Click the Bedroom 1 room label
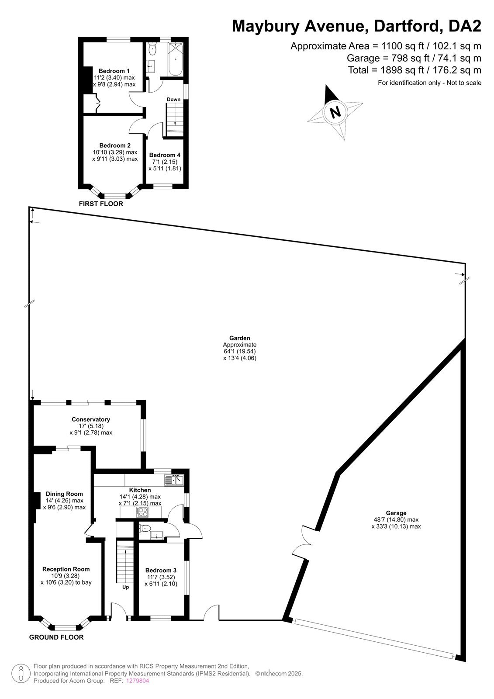coord(114,71)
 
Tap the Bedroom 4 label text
coord(165,155)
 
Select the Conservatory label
coord(90,419)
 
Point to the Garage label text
coord(396,513)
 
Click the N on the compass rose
coord(335,111)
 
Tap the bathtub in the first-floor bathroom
coord(175,59)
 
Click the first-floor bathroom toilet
coord(152,48)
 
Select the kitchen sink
coord(174,480)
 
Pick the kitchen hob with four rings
coord(142,512)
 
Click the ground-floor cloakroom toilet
coord(145,528)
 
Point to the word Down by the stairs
coord(173,99)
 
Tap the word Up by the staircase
coord(125,587)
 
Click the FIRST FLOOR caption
coord(101,204)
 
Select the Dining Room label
coord(64,494)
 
